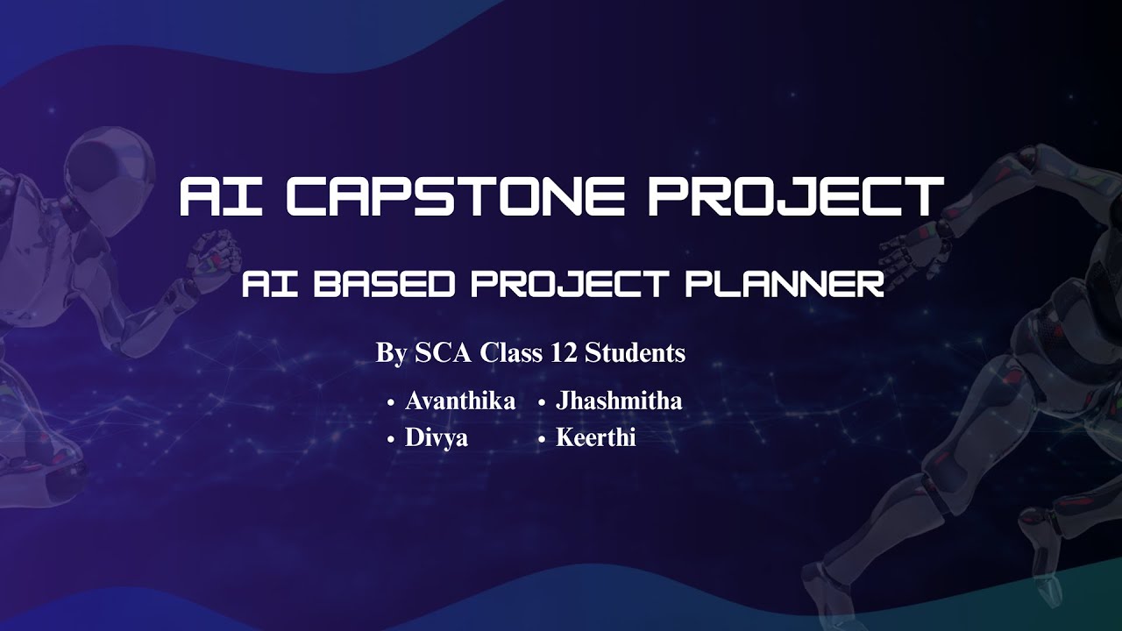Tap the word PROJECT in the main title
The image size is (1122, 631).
pyautogui.click(x=796, y=196)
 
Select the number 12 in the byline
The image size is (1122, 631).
pyautogui.click(x=564, y=353)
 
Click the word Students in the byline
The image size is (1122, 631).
pyautogui.click(x=635, y=353)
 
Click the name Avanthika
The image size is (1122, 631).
pyautogui.click(x=460, y=401)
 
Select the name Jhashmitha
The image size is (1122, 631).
pyautogui.click(x=619, y=401)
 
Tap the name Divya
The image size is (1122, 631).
pyautogui.click(x=437, y=438)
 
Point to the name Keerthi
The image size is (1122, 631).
pyautogui.click(x=596, y=438)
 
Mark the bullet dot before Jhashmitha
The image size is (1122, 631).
pyautogui.click(x=542, y=404)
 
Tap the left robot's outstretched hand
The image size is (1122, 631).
pyautogui.click(x=210, y=254)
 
